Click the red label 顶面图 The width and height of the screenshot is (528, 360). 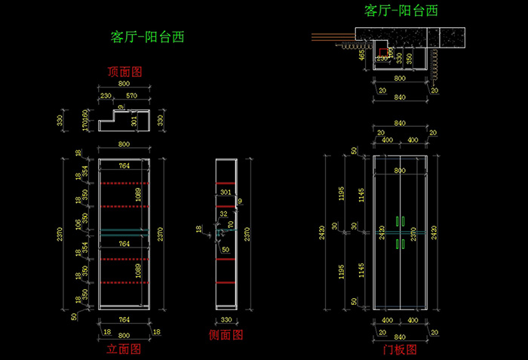(x=125, y=72)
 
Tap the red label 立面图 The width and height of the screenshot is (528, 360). (x=124, y=349)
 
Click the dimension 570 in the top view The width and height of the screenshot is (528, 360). (x=131, y=96)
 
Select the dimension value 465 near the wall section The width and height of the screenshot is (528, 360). (x=362, y=54)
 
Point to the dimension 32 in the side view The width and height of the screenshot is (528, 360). (x=223, y=214)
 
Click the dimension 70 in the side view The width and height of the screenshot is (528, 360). (x=231, y=224)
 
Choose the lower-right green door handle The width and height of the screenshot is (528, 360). (x=404, y=244)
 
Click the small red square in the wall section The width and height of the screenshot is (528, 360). (x=383, y=52)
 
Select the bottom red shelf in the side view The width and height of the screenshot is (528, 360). (x=226, y=283)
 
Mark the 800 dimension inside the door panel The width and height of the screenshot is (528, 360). (x=400, y=171)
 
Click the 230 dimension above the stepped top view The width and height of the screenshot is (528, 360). (x=106, y=96)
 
